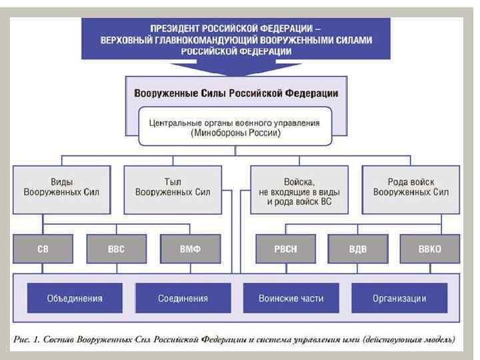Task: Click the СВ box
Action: (x=42, y=249)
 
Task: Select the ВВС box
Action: (x=116, y=249)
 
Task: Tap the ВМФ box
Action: (x=190, y=249)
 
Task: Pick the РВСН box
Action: (x=285, y=249)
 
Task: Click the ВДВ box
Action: (x=357, y=249)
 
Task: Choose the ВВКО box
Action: (x=429, y=249)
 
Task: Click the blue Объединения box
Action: (x=75, y=298)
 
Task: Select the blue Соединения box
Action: (x=183, y=298)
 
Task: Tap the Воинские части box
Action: (x=291, y=298)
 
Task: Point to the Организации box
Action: (x=399, y=298)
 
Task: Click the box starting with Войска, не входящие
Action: (x=294, y=191)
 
